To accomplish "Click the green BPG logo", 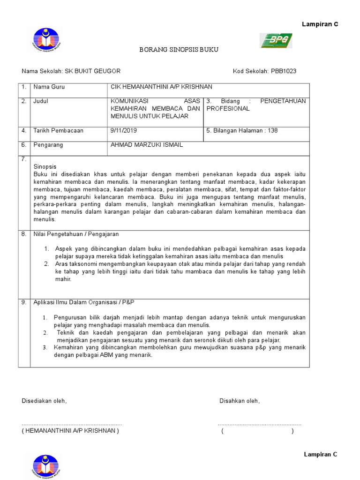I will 277,41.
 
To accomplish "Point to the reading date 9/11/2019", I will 124,131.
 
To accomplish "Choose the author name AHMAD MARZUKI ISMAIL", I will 146,145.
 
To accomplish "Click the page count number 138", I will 272,131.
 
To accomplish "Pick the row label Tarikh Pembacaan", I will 58,131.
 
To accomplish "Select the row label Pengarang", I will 48,145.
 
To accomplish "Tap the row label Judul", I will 41,101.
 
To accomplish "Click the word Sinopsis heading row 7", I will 45,167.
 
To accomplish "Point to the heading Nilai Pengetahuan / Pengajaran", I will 76,234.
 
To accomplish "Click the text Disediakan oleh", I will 44,401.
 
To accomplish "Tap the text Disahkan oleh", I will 239,401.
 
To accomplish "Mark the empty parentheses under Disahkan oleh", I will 257,431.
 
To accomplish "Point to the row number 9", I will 23,303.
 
